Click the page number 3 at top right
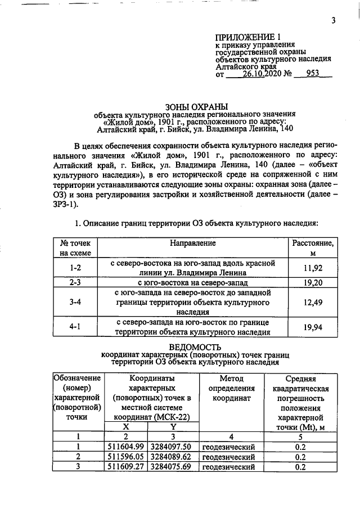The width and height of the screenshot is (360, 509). pos(334,22)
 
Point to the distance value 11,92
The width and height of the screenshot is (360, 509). pos(312,269)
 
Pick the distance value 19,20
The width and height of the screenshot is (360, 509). pos(312,282)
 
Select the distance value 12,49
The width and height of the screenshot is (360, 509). pos(312,303)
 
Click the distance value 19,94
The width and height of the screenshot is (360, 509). pos(312,328)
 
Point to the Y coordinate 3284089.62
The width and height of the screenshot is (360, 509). pos(172,457)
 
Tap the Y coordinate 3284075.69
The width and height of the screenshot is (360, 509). pos(172,467)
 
